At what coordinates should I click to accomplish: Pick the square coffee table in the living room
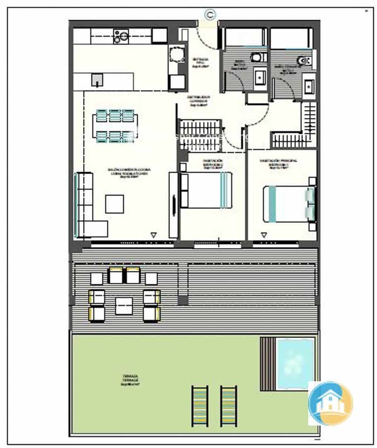click(114, 204)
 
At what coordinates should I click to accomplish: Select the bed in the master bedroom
click(289, 204)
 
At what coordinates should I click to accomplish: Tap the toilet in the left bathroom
click(259, 57)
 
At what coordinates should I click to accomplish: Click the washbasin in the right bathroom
click(309, 86)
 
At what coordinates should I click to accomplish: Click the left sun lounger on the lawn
click(200, 405)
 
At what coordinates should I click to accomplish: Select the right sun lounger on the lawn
click(228, 405)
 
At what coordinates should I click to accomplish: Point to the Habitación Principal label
click(278, 163)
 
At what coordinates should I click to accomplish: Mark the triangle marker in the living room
click(154, 235)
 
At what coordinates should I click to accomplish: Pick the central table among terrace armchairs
click(124, 306)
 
